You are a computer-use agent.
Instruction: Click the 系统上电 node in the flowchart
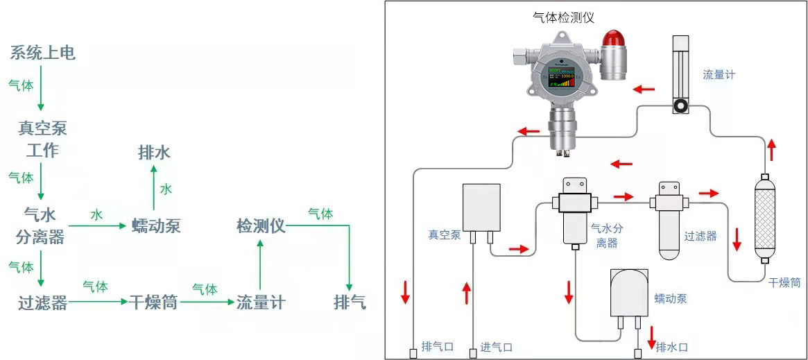(42, 53)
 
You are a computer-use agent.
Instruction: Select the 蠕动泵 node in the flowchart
(156, 226)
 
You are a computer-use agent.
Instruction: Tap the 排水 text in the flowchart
(154, 153)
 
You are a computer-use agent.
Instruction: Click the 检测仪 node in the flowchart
(261, 226)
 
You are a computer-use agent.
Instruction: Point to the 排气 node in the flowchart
(350, 302)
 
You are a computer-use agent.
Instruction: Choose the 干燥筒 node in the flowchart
(153, 302)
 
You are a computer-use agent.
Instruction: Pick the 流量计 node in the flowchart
(260, 302)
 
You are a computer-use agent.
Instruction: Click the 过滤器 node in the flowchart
(42, 302)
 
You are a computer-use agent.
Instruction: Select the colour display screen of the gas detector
(562, 76)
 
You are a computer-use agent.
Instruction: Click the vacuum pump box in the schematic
(481, 207)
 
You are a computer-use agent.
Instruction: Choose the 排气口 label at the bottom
(438, 347)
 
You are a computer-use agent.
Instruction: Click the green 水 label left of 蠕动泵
(96, 215)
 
